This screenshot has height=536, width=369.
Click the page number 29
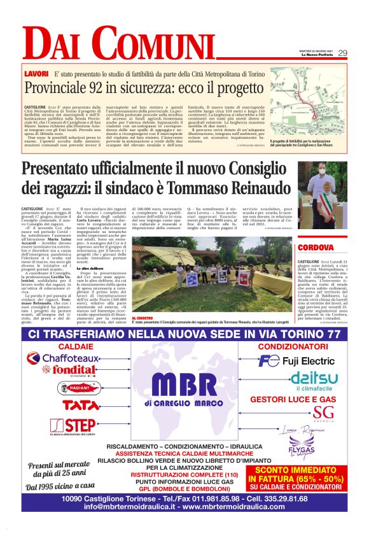[342, 53]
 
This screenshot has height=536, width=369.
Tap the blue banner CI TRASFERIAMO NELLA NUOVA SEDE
[184, 334]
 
